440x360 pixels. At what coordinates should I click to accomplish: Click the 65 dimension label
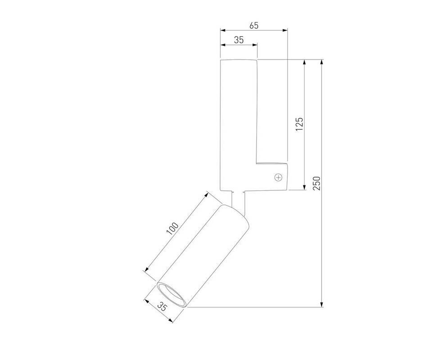pyautogui.click(x=254, y=26)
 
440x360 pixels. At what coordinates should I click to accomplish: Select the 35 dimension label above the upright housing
pyautogui.click(x=239, y=40)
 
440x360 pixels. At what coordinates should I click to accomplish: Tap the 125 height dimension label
pyautogui.click(x=300, y=124)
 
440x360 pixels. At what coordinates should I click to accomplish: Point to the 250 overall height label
pyautogui.click(x=316, y=184)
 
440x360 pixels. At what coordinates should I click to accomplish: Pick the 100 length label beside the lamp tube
pyautogui.click(x=172, y=229)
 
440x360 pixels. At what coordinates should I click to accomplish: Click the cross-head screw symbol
pyautogui.click(x=278, y=177)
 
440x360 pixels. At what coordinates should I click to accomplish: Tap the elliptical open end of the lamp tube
pyautogui.click(x=171, y=295)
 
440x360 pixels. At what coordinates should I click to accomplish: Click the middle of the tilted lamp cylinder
pyautogui.click(x=203, y=256)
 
